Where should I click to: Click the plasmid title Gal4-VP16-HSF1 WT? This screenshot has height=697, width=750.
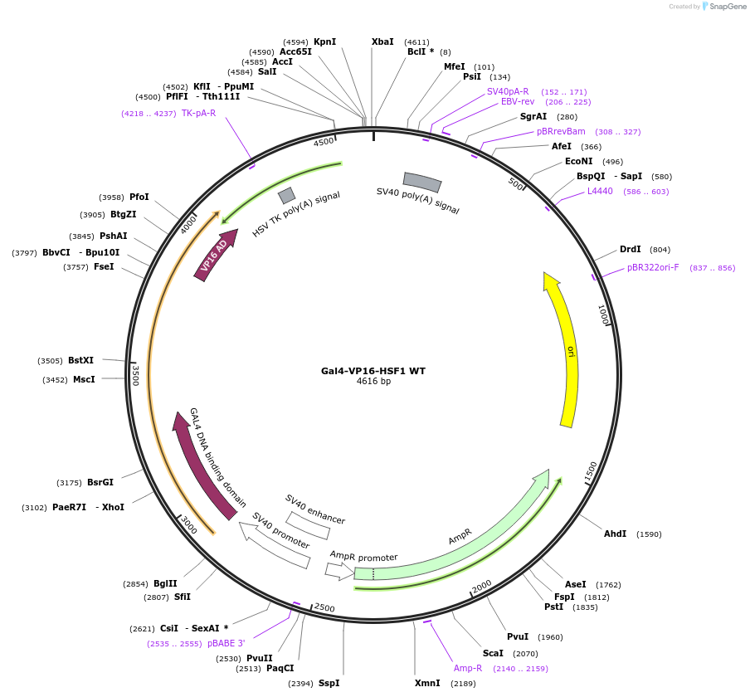(x=373, y=371)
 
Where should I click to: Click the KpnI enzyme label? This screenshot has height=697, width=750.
(x=324, y=41)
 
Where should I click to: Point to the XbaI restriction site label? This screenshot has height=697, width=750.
(x=382, y=41)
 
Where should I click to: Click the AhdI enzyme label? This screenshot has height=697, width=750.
(x=616, y=534)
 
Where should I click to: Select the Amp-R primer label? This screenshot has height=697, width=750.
(x=468, y=668)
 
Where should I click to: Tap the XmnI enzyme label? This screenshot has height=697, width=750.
(x=427, y=683)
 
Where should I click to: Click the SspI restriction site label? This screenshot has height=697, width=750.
(x=329, y=683)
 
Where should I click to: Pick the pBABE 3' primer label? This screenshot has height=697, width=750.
(x=226, y=643)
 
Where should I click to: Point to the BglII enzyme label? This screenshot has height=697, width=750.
(x=165, y=583)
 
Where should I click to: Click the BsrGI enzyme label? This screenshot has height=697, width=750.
(x=100, y=482)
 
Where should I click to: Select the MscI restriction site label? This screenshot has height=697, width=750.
(x=84, y=379)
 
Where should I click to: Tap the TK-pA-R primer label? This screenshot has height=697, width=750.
(x=198, y=113)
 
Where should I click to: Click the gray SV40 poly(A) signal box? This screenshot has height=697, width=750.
(x=422, y=181)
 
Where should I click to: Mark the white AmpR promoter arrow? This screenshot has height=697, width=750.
(x=339, y=571)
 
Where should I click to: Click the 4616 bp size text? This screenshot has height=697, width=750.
(x=373, y=382)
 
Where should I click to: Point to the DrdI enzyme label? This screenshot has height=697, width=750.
(x=631, y=249)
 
